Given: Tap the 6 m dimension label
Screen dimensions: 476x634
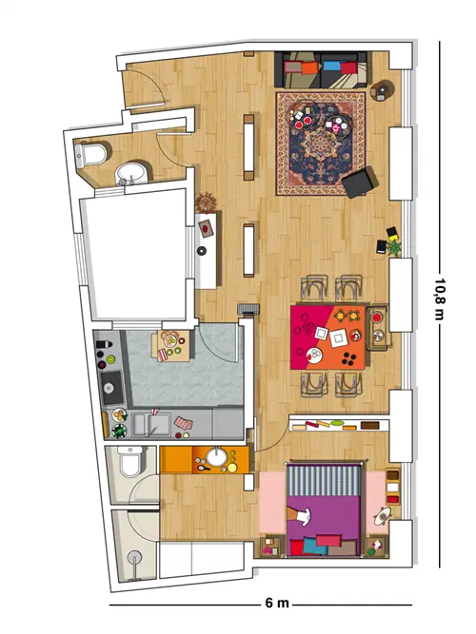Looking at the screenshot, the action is click(x=277, y=603).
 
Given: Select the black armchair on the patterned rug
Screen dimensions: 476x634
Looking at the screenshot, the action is click(x=360, y=183).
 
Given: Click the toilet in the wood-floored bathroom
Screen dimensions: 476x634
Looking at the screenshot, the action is click(x=92, y=154).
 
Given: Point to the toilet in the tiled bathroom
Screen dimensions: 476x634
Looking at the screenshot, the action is click(x=130, y=461).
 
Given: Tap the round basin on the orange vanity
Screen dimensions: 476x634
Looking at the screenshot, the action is click(x=217, y=457).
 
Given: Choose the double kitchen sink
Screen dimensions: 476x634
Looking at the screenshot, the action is click(x=150, y=425).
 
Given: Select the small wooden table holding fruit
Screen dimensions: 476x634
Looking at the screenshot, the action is click(x=173, y=346).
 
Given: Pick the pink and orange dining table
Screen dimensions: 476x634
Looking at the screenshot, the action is click(x=328, y=337).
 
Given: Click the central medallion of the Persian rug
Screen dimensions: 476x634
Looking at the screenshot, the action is click(x=320, y=143).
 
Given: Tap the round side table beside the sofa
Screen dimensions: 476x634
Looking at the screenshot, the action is click(x=382, y=89).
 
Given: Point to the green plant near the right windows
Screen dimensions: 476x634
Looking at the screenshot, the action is click(x=393, y=247).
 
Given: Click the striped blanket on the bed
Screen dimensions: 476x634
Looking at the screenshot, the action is click(x=324, y=480).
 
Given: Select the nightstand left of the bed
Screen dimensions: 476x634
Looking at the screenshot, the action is click(x=269, y=546).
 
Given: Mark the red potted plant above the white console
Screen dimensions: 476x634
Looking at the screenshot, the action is click(x=207, y=202).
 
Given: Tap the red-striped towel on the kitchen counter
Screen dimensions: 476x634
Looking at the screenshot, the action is click(x=183, y=423).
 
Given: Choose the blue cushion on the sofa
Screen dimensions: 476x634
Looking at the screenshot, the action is click(x=331, y=66).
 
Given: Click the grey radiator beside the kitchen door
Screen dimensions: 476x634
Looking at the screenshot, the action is click(x=248, y=309).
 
